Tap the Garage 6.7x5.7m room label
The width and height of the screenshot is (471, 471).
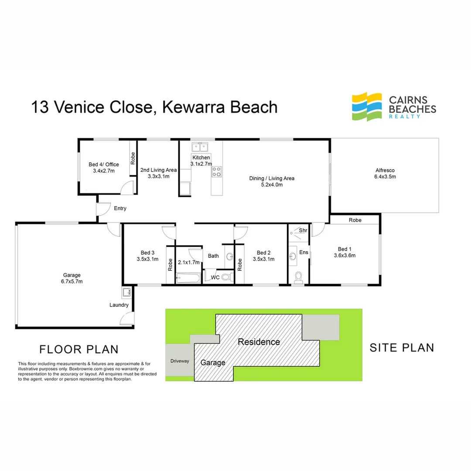(x=72, y=278)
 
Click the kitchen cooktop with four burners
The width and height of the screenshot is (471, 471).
(x=217, y=171)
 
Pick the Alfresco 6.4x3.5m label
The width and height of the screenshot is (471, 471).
(x=385, y=174)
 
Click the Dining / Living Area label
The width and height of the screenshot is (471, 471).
(x=272, y=181)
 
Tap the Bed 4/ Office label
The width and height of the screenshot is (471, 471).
(x=104, y=167)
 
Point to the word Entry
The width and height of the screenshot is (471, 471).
(x=120, y=208)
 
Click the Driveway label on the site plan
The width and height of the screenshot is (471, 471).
(x=180, y=361)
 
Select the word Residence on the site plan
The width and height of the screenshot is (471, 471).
(x=259, y=342)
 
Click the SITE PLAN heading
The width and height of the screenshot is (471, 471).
(x=402, y=348)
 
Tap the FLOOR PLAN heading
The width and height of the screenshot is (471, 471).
(x=79, y=349)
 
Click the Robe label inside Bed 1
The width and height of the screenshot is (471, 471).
(x=355, y=221)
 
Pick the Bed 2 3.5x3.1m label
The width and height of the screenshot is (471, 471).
(x=263, y=256)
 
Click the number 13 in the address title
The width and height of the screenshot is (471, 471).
(x=40, y=107)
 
